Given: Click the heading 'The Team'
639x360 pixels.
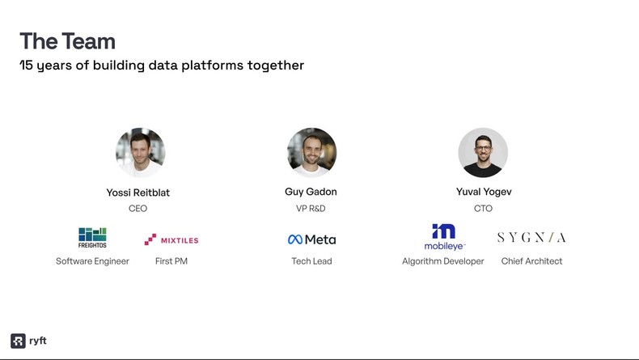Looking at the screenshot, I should coord(67,41).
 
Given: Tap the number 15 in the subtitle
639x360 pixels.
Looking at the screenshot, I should coord(26,66).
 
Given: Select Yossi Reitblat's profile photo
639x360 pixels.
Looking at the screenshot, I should coord(140,153).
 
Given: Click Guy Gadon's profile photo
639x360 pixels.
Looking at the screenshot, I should coord(311,153).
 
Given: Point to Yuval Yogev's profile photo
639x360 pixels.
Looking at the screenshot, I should coord(483,153).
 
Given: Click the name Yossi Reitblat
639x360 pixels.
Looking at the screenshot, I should coord(138,193).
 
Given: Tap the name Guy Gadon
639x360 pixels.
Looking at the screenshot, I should coord(311,192).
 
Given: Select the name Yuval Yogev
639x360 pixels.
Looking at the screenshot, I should coord(484,192).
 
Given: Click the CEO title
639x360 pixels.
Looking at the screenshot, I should coord(138,209).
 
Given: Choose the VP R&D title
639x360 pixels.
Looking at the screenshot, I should coord(311,209).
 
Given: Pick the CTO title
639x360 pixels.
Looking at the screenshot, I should coord(483,209).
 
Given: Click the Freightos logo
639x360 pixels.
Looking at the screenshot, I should coord(92,238).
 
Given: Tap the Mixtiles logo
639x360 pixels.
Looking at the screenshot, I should coord(171,239).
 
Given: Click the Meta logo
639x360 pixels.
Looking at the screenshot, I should coord(311,239).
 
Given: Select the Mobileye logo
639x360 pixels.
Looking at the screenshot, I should coord(444,237).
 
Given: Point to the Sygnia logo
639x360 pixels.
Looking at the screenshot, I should coord(531,237).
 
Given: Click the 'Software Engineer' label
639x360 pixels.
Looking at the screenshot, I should coord(92,261).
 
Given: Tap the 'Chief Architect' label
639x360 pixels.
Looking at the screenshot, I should coord(531,261).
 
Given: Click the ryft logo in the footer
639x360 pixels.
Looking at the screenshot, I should coord(28,341).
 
